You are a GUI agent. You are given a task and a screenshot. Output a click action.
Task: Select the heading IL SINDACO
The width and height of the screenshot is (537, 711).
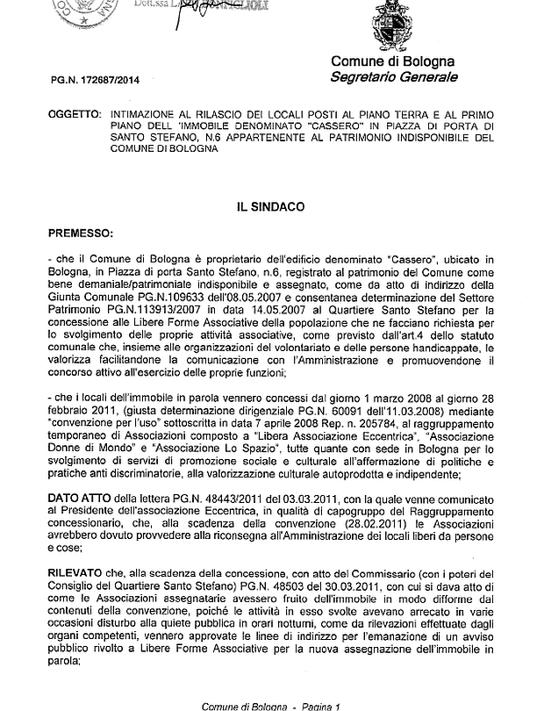tap(269, 208)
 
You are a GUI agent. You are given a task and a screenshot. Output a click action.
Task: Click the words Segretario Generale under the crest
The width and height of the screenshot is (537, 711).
tap(394, 77)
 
